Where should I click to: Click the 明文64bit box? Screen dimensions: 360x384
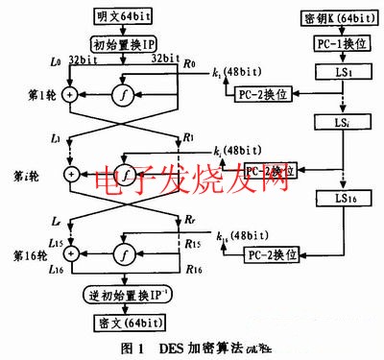(x=123, y=17)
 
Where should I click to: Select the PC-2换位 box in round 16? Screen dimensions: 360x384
(x=273, y=254)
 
